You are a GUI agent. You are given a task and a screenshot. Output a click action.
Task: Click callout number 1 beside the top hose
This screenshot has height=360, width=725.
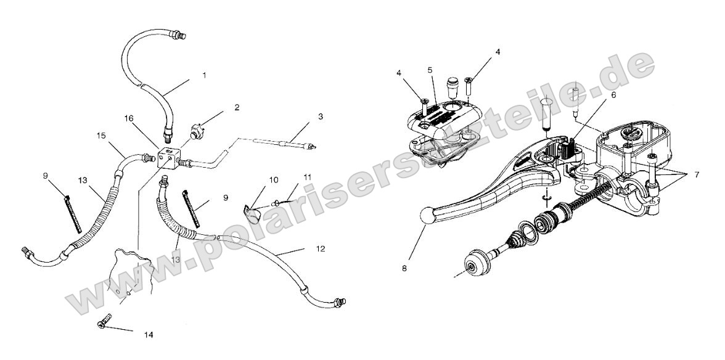point(205,75)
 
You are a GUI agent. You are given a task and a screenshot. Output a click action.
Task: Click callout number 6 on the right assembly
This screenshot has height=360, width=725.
point(595,96)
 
